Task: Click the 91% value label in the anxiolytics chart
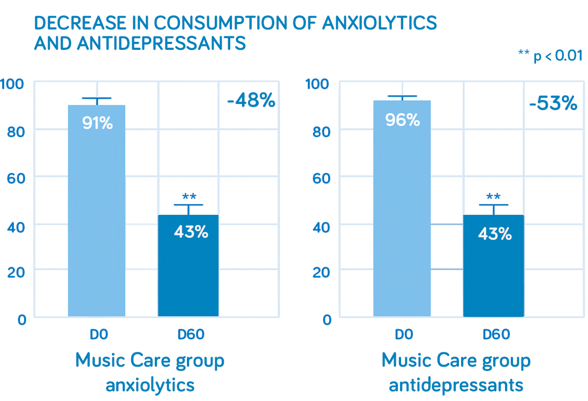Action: point(97,123)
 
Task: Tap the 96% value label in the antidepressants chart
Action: point(402,120)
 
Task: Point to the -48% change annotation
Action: point(251,100)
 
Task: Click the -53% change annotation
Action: point(553,103)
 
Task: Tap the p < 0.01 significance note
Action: point(550,55)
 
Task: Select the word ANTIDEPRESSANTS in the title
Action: point(161,43)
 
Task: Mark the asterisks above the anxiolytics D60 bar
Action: point(189,196)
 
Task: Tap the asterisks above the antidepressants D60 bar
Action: point(493,196)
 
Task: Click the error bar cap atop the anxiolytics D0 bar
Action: point(97,98)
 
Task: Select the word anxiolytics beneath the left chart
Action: point(149,385)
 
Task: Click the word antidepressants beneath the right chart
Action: point(456,385)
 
